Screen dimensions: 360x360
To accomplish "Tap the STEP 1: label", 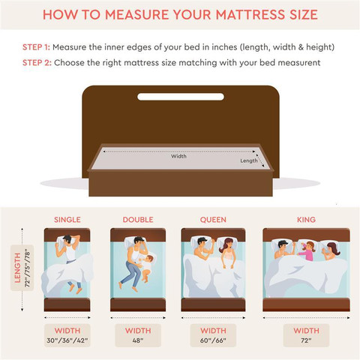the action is click(x=36, y=47).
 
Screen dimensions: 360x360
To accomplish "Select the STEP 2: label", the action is click(x=37, y=62).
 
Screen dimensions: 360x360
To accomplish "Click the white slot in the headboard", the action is click(x=181, y=97).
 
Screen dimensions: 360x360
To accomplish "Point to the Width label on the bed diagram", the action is click(x=178, y=156).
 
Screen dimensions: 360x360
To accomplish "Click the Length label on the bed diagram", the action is click(x=249, y=160).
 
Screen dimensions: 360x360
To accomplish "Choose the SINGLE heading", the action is click(x=67, y=220).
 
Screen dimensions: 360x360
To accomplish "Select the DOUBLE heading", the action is click(x=138, y=220).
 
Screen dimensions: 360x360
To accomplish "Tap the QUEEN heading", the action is click(x=213, y=220).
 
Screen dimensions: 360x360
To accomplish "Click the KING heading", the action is click(x=306, y=220).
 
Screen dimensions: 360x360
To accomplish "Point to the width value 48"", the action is click(x=138, y=340).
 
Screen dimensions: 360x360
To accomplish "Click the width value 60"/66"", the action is click(x=213, y=340).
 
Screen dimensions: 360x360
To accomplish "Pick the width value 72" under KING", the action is click(x=306, y=340).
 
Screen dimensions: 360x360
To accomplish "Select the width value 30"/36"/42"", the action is click(x=67, y=340).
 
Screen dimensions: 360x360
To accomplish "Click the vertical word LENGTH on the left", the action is click(x=17, y=268).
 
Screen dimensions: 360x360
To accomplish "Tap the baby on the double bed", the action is click(x=147, y=268).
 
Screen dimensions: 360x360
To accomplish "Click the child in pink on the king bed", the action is click(x=307, y=250).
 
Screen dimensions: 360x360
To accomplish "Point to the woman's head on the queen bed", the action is click(x=227, y=244).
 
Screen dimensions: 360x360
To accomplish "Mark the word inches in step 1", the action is click(x=224, y=47).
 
